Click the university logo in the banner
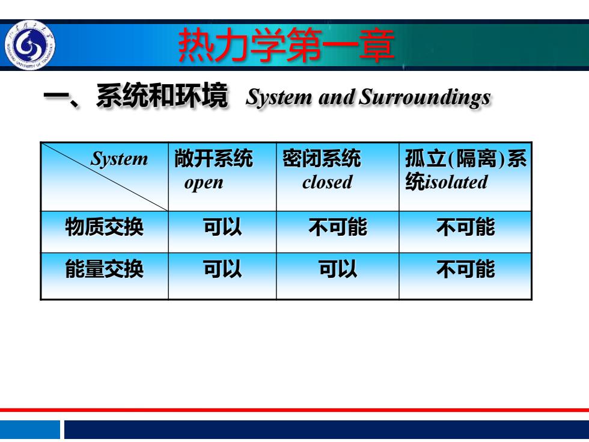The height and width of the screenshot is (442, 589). tap(30, 45)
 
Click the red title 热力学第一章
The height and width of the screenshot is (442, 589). tap(286, 46)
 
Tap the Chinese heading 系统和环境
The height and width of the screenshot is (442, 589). tap(162, 96)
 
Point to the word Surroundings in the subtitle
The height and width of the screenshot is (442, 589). tap(425, 97)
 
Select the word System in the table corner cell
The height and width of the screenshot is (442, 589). tap(119, 159)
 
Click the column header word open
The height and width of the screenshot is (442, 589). tap(204, 183)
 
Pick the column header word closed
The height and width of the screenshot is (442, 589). tap(327, 182)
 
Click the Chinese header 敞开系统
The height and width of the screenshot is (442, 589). tap(213, 158)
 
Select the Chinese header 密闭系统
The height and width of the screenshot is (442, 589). tap(322, 158)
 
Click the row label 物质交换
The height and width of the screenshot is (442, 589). tap(105, 227)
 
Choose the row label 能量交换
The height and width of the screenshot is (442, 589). tap(105, 269)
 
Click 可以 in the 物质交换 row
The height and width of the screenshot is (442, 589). tap(222, 227)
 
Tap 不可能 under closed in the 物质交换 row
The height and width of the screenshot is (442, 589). tap(338, 227)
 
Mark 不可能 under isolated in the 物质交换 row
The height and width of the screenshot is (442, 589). tap(465, 227)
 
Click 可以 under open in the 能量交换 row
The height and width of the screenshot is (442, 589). tap(222, 269)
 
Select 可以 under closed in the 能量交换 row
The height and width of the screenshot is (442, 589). tap(338, 269)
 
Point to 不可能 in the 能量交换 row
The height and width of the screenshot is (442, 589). tap(465, 269)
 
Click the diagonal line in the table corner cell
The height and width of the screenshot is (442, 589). tap(105, 177)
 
